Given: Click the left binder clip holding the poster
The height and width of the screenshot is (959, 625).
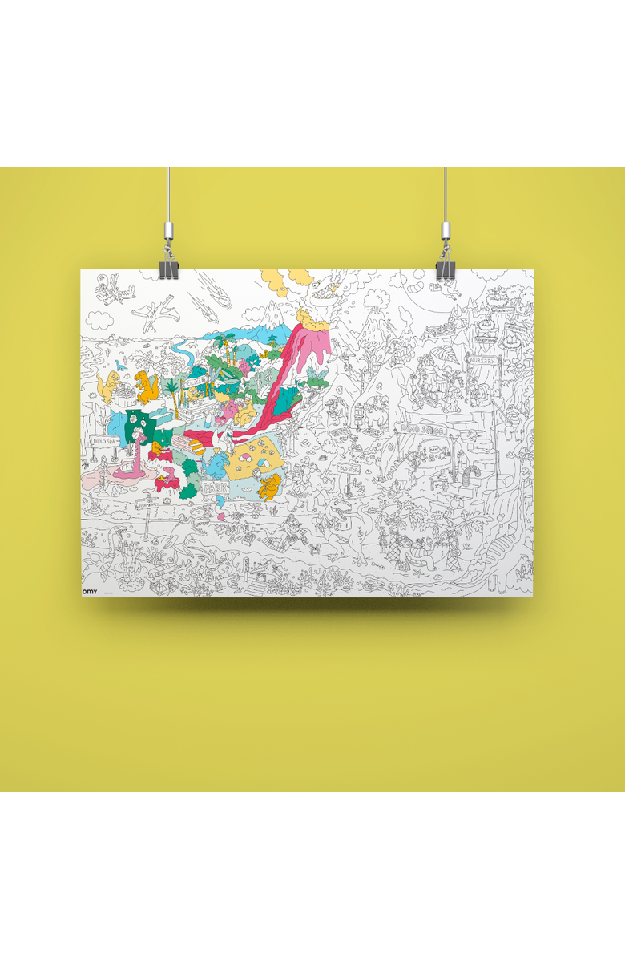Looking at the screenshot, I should point(168,269).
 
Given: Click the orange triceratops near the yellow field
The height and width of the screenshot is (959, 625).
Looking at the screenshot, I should point(271,484).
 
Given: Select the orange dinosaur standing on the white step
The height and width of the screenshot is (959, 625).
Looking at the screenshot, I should point(146,386).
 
